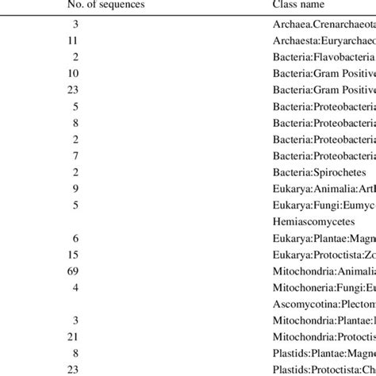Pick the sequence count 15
click(x=72, y=255)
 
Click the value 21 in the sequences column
click(x=72, y=332)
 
